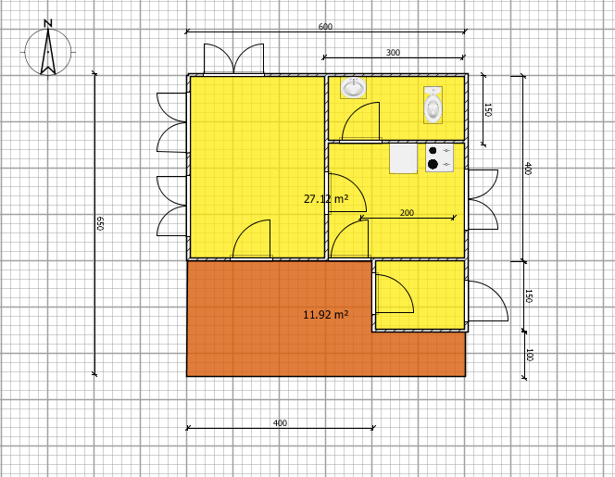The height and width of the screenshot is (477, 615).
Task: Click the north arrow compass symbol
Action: [x=49, y=50]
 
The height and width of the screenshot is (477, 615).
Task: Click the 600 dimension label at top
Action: [x=325, y=27]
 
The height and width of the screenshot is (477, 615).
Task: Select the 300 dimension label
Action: [x=393, y=53]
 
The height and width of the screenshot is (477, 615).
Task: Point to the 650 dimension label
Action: [x=100, y=223]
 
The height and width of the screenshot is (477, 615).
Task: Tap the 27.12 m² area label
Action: [x=325, y=199]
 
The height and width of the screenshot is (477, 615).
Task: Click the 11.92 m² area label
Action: [x=325, y=315]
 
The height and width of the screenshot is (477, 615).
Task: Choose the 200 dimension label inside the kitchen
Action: [x=407, y=213]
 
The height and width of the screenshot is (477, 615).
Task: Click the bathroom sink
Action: [x=353, y=88]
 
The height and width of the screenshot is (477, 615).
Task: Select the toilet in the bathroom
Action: [x=433, y=106]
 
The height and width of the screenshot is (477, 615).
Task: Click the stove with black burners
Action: [x=439, y=157]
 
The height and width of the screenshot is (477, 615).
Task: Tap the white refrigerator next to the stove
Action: [x=403, y=158]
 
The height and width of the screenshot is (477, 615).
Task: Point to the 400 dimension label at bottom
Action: [x=280, y=423]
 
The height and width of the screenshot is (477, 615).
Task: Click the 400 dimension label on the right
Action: [x=528, y=169]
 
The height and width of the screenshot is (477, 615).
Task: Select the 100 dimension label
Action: [x=529, y=355]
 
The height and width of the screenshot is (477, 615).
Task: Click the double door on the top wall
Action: [x=233, y=59]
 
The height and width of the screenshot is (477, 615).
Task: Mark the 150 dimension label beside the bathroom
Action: [x=488, y=110]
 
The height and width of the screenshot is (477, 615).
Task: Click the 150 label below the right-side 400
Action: [x=529, y=295]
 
